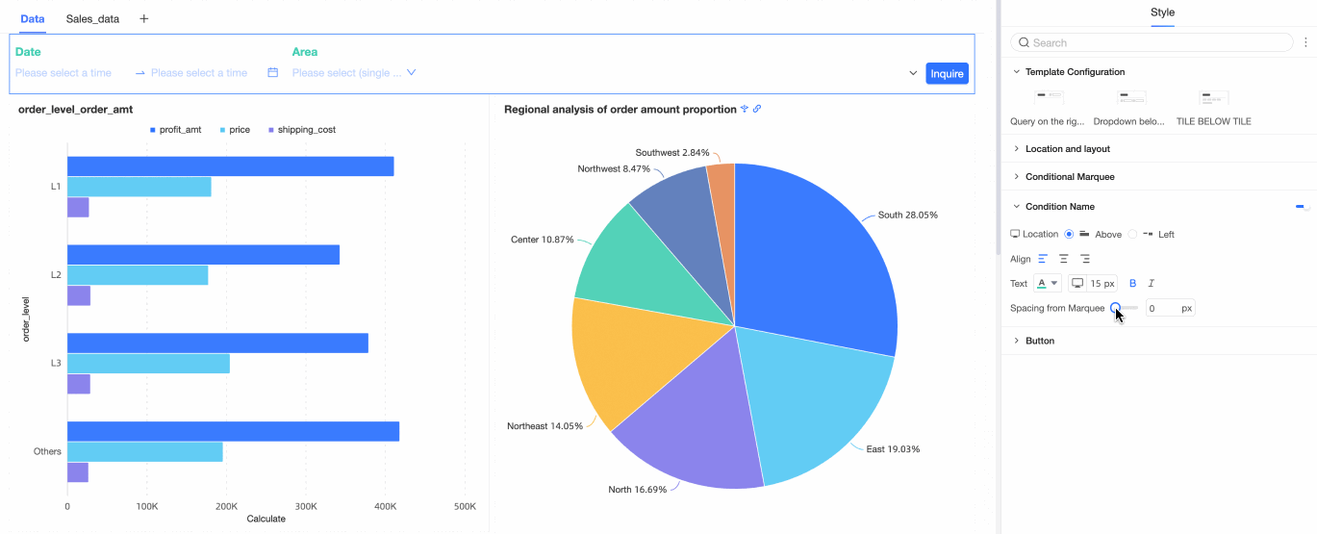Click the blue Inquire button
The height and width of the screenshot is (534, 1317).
tap(947, 73)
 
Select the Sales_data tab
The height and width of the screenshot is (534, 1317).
tap(92, 18)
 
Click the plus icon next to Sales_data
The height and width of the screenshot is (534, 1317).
tap(144, 18)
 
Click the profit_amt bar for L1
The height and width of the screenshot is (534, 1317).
tap(230, 166)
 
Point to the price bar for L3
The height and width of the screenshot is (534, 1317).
tap(148, 364)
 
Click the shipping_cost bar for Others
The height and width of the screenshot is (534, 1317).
tap(77, 472)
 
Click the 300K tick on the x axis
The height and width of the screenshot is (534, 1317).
tap(306, 506)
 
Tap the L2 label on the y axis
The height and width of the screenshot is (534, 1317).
tap(56, 275)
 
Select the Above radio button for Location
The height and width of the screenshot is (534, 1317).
tap(1069, 234)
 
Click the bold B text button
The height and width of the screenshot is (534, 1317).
tap(1132, 283)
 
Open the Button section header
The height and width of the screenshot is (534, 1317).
tap(1040, 341)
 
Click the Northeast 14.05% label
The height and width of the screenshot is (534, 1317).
tap(545, 426)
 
